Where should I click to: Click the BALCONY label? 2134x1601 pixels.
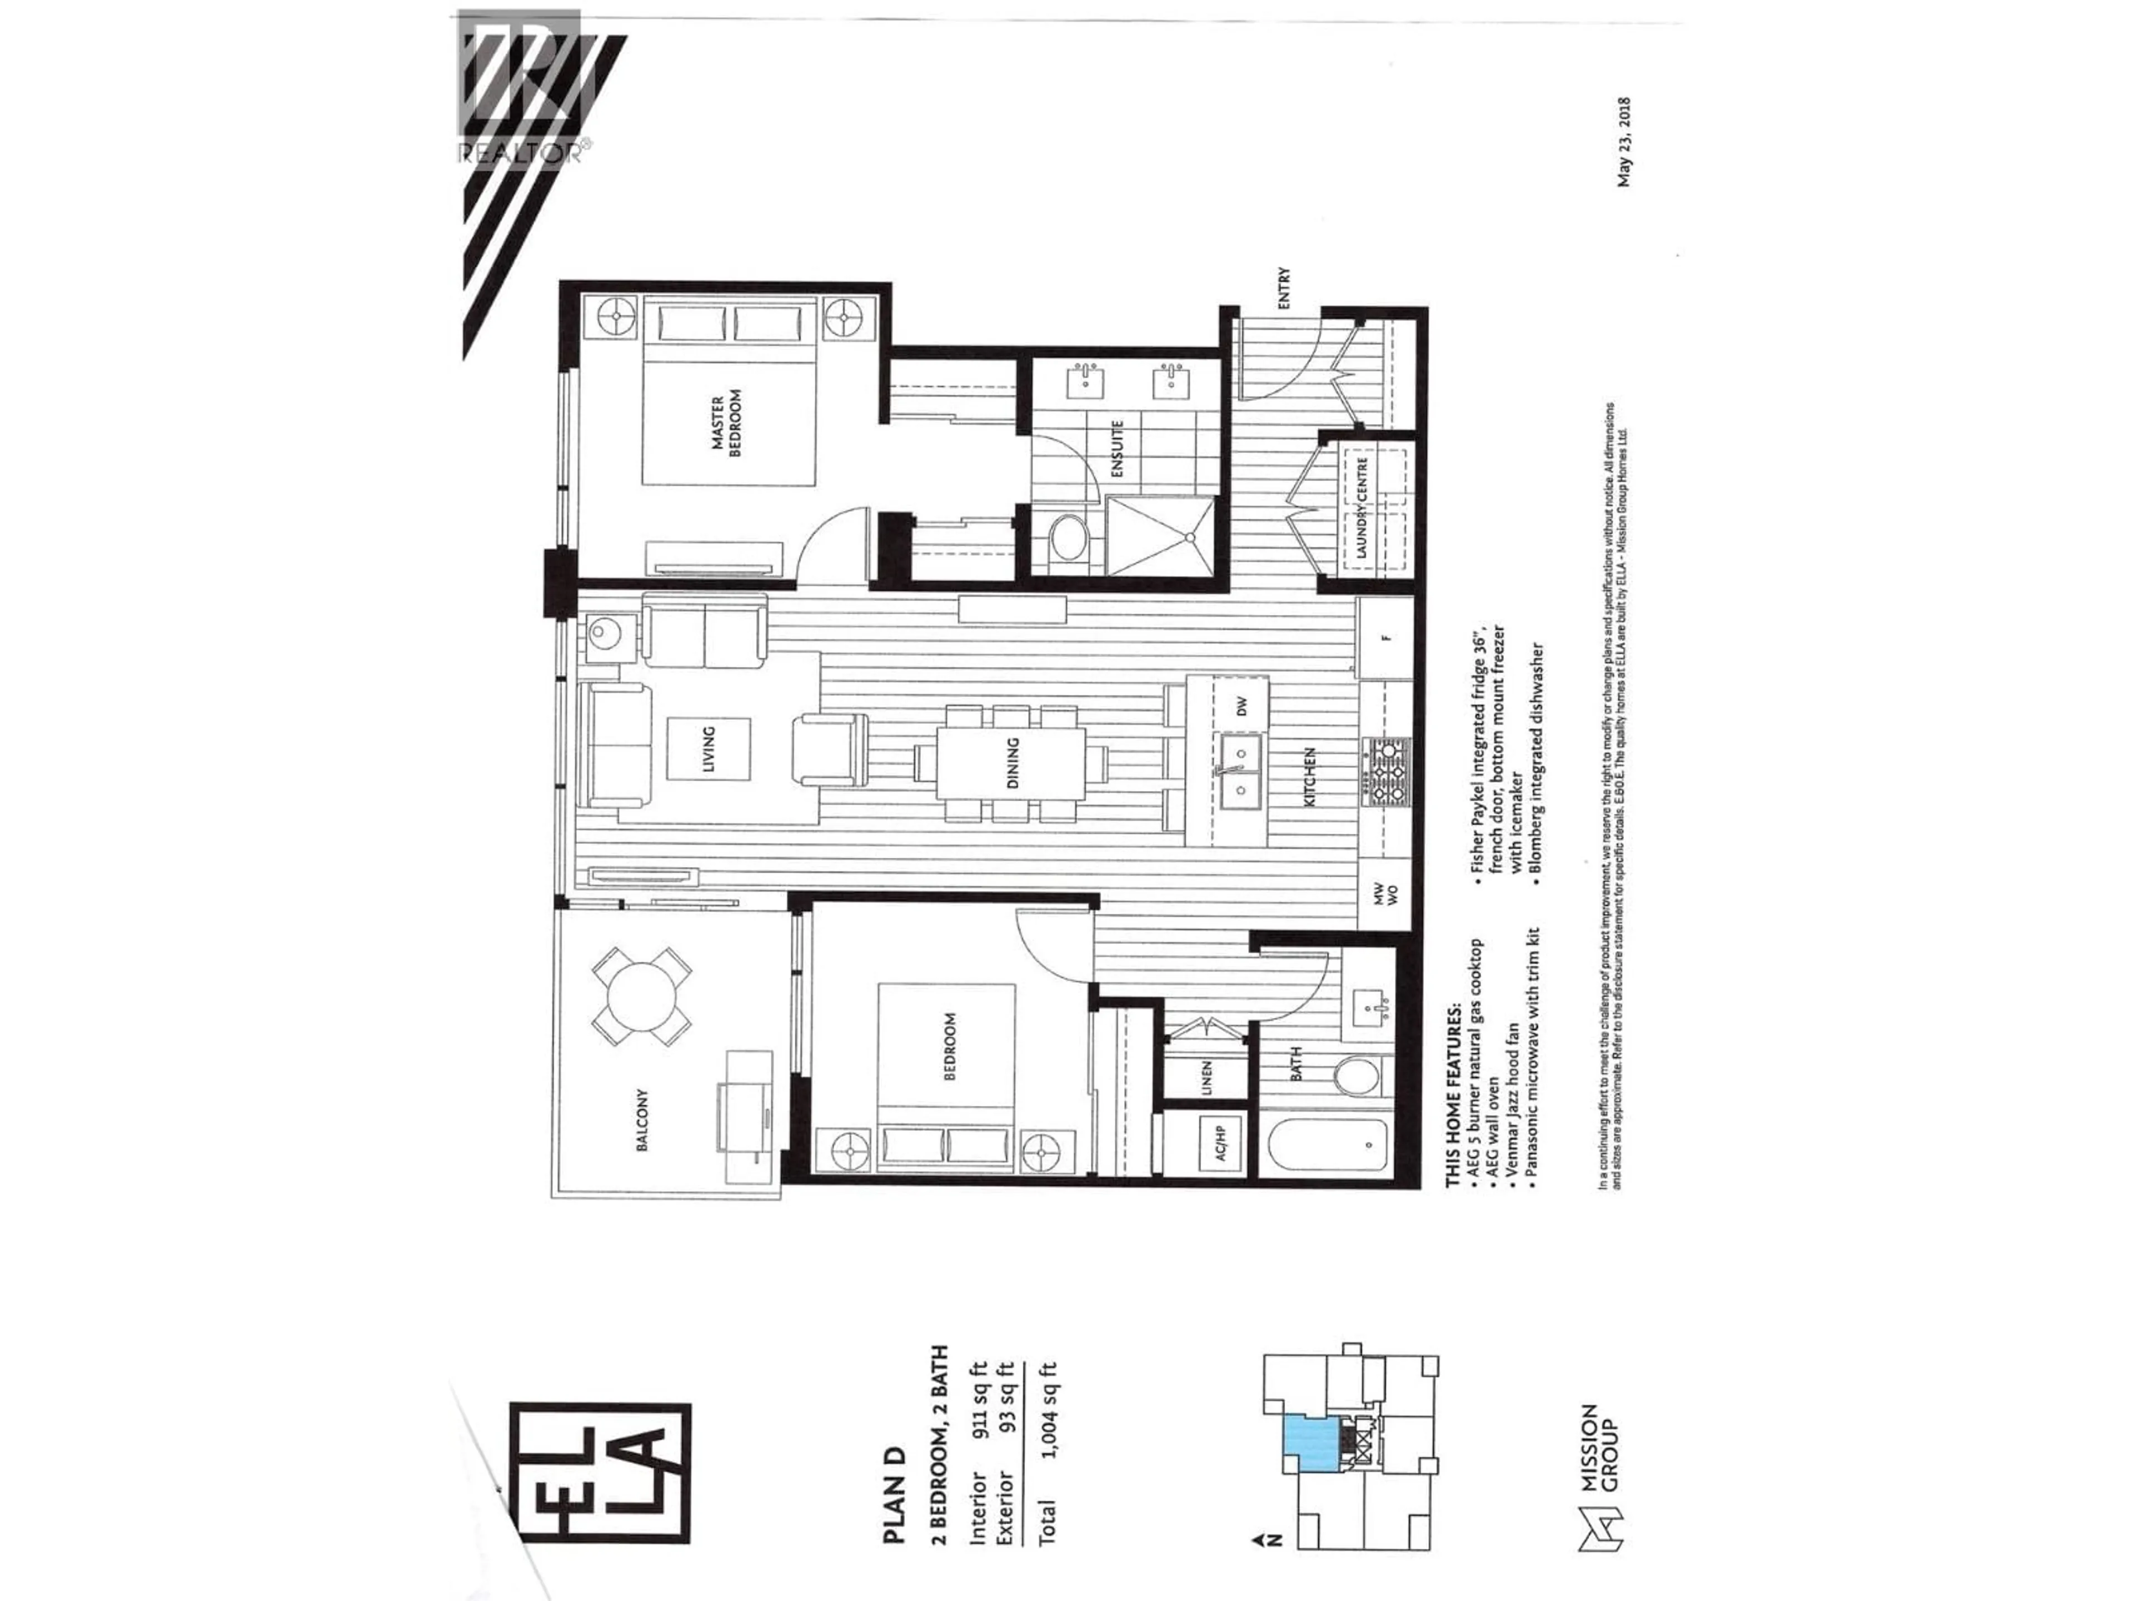641,1120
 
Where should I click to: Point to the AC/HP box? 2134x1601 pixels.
1219,1143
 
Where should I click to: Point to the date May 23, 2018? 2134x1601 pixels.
1624,141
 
